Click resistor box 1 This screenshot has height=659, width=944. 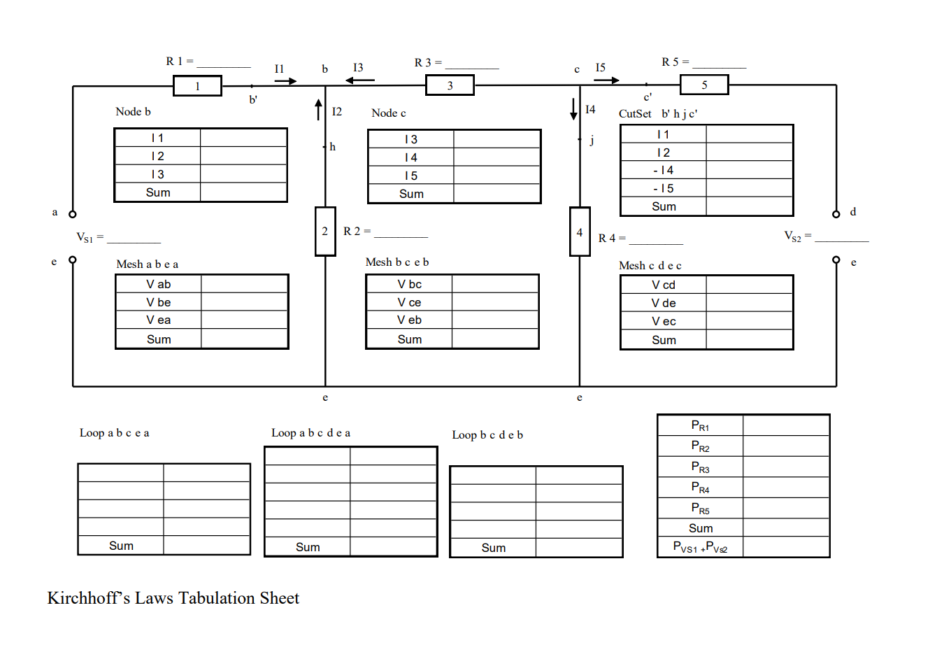tap(197, 86)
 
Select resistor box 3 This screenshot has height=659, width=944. tap(450, 85)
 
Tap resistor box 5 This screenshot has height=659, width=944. tap(704, 85)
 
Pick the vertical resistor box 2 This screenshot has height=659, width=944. tap(325, 231)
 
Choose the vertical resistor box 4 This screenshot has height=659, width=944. tap(580, 232)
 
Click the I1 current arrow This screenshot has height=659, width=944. tap(285, 81)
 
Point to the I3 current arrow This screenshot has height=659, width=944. tap(360, 80)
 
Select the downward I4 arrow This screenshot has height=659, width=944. tap(573, 109)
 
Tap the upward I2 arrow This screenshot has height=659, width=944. tap(318, 110)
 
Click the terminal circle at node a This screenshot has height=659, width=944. tap(72, 214)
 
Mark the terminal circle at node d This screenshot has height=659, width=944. tap(836, 214)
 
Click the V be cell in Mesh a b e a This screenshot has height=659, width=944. tap(159, 302)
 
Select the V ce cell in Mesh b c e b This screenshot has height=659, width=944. tap(409, 302)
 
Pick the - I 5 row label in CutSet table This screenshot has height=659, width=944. tap(663, 188)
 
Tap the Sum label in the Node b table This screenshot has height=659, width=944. tap(158, 192)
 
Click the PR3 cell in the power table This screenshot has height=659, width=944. tap(700, 467)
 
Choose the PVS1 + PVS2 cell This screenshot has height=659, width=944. tap(700, 547)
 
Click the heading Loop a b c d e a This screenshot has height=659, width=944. tap(311, 433)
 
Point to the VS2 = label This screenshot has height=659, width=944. tap(797, 236)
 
